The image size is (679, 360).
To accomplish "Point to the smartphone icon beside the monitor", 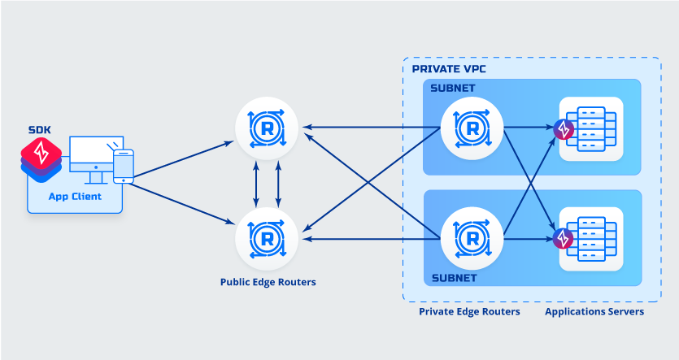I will point(123,167).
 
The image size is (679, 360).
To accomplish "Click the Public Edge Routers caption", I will point(268,283).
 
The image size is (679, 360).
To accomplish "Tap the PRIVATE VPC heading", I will point(449,69).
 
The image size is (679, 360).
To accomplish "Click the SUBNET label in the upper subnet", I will point(453,88).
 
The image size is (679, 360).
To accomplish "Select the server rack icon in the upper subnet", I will point(592,128).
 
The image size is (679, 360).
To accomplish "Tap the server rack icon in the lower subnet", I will point(592,239).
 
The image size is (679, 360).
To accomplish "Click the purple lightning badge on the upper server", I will point(563,129).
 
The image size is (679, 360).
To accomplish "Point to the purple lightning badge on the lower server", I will point(563,239).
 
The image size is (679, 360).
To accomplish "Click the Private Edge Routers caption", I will point(469,311).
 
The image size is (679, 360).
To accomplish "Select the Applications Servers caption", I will point(594,311).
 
